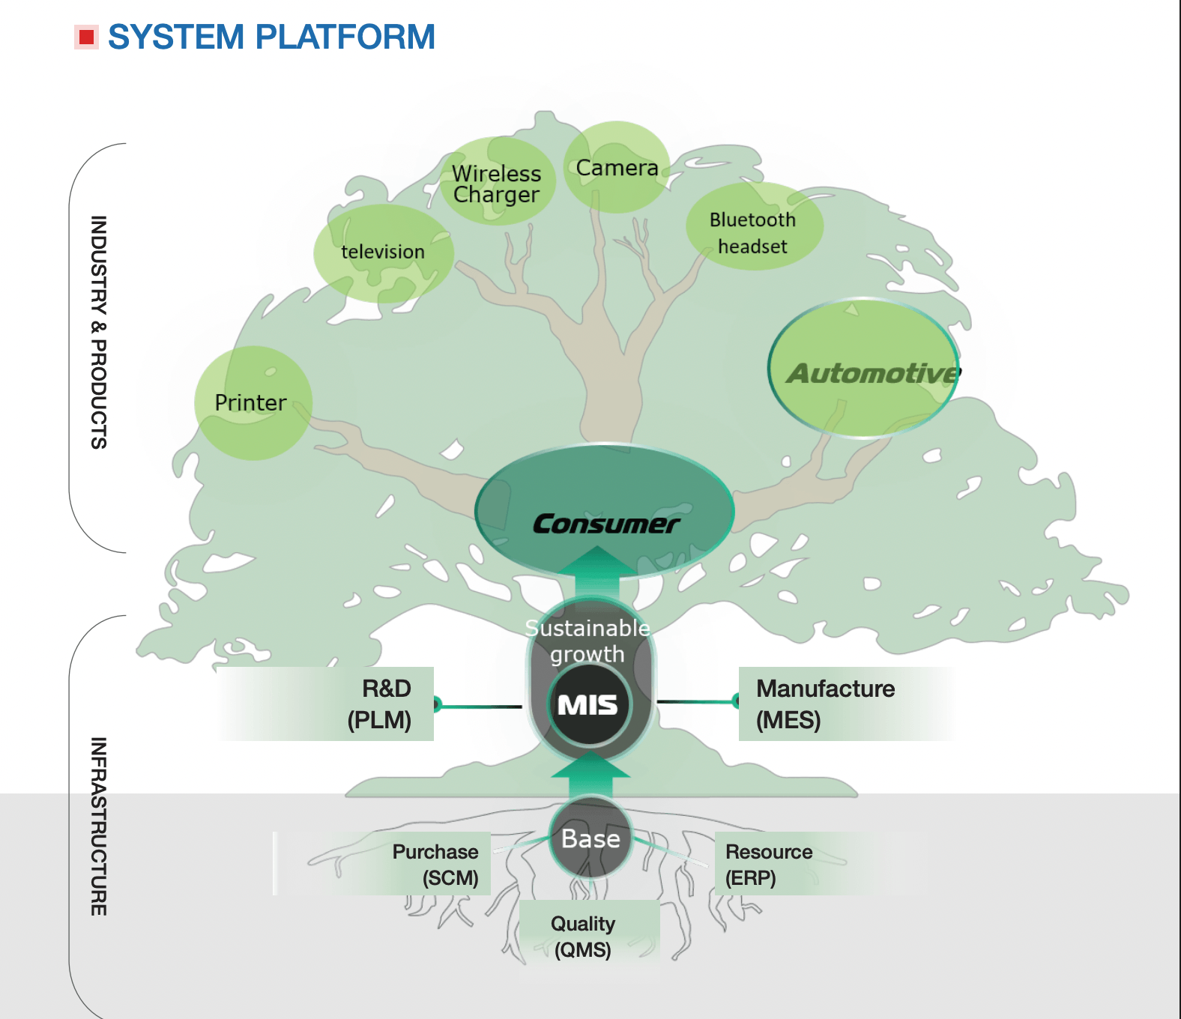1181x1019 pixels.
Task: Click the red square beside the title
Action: click(x=86, y=37)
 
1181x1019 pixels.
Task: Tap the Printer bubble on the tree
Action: click(x=252, y=403)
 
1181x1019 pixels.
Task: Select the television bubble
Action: click(x=383, y=253)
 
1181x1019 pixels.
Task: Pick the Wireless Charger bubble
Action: click(x=497, y=183)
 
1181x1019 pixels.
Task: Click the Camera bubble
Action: click(x=617, y=168)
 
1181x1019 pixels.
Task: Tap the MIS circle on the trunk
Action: click(x=588, y=705)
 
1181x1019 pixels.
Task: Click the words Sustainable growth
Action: click(x=588, y=641)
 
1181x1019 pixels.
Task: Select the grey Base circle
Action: click(x=590, y=838)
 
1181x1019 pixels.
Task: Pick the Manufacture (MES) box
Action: click(x=824, y=704)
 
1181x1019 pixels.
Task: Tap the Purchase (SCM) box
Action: click(x=435, y=864)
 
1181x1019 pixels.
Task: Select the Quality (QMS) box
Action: click(x=584, y=936)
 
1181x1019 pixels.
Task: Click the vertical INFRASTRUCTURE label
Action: click(x=99, y=826)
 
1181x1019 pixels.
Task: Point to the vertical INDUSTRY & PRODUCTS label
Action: click(x=99, y=332)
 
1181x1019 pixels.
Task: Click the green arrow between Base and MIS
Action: click(x=590, y=776)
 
